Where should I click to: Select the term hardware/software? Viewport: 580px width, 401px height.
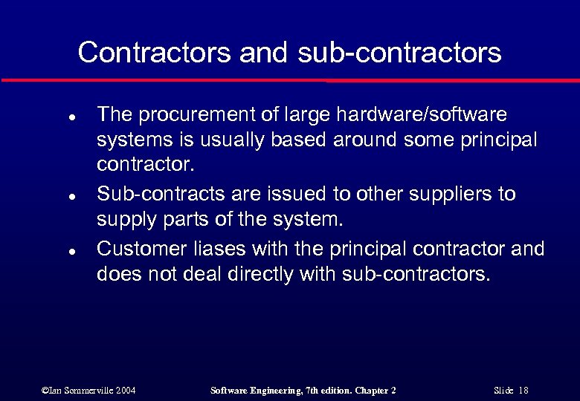click(422, 115)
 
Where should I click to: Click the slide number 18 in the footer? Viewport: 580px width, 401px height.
click(523, 391)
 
